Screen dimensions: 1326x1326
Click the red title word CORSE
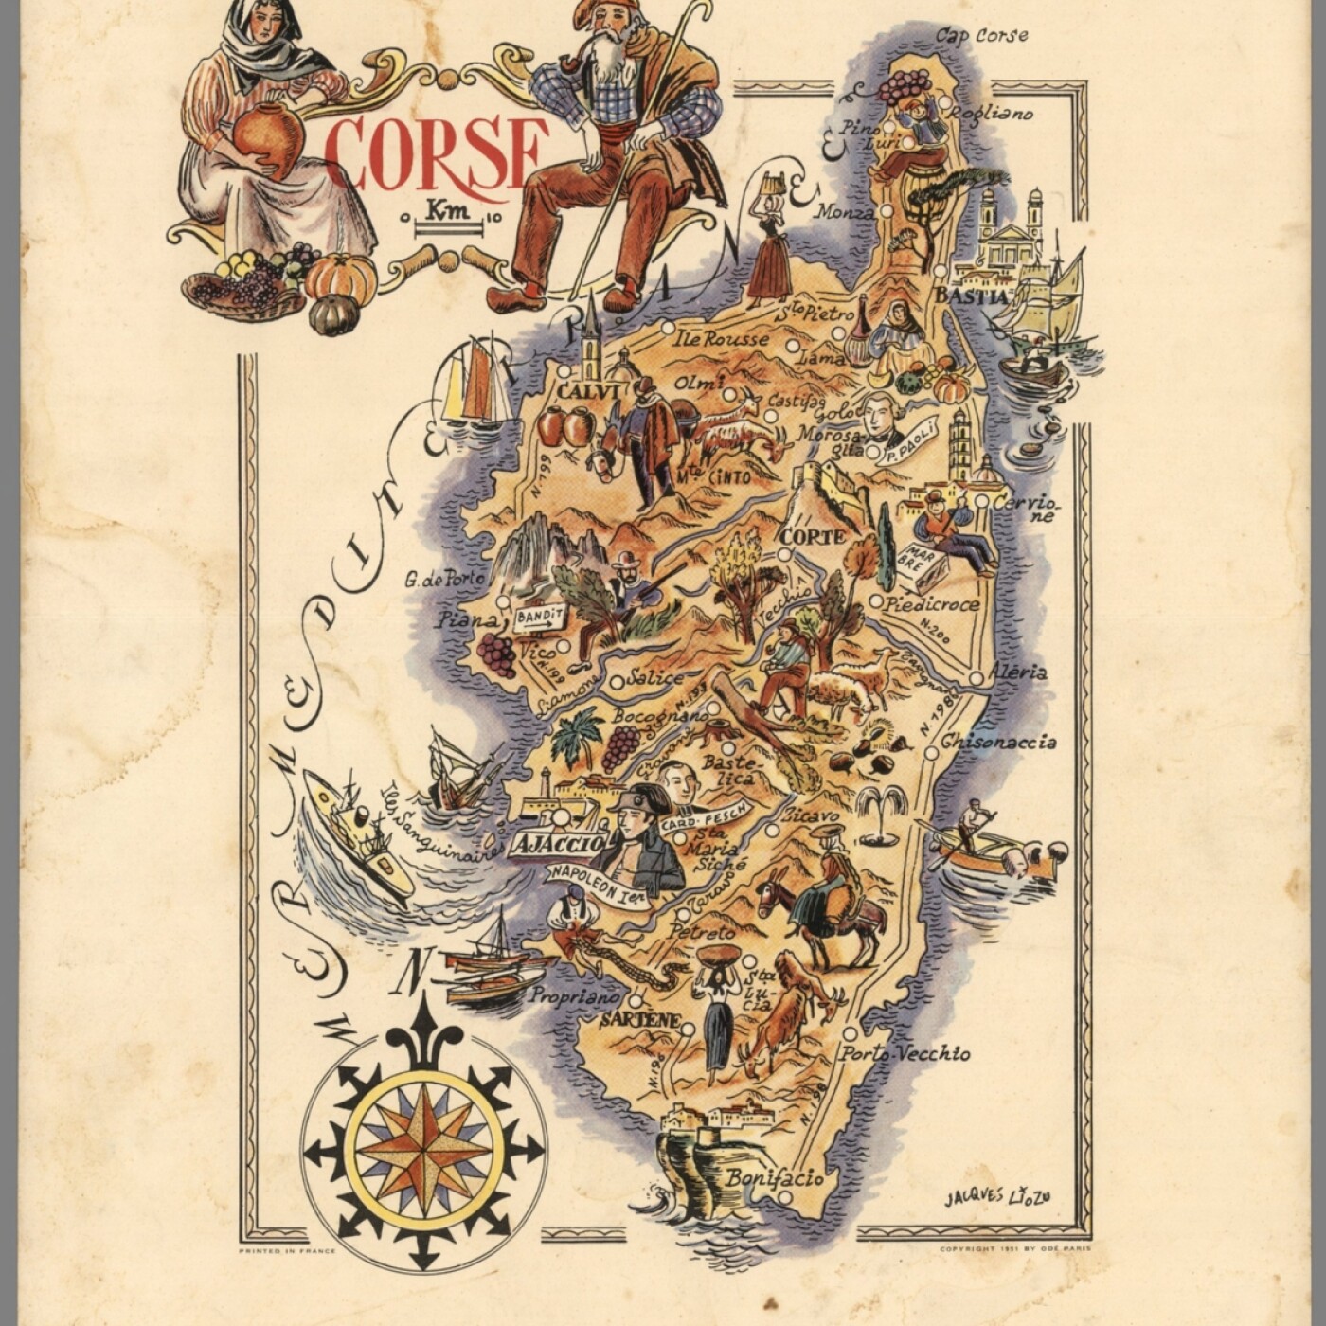coord(436,153)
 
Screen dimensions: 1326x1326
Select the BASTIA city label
coord(972,296)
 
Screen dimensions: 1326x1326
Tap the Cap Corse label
coord(981,36)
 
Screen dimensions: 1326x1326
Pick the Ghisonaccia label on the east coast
coord(998,742)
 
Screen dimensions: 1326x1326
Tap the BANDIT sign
coord(538,617)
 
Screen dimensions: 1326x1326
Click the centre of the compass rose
coord(423,1151)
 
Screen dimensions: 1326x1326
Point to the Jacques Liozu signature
coord(997,1196)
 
